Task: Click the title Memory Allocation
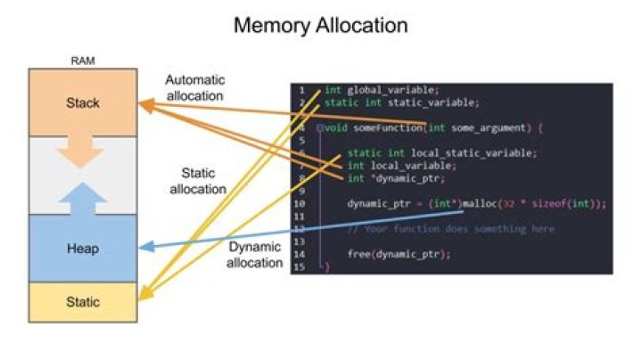pyautogui.click(x=320, y=25)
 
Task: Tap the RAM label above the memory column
pyautogui.click(x=82, y=61)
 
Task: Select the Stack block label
pyautogui.click(x=83, y=103)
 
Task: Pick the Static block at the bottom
pyautogui.click(x=83, y=302)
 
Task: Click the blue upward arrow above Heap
pyautogui.click(x=82, y=196)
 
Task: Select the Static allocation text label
pyautogui.click(x=197, y=182)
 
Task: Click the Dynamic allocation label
pyautogui.click(x=253, y=255)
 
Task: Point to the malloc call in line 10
pyautogui.click(x=482, y=203)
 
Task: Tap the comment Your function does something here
pyautogui.click(x=450, y=229)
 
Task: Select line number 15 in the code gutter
pyautogui.click(x=302, y=266)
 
